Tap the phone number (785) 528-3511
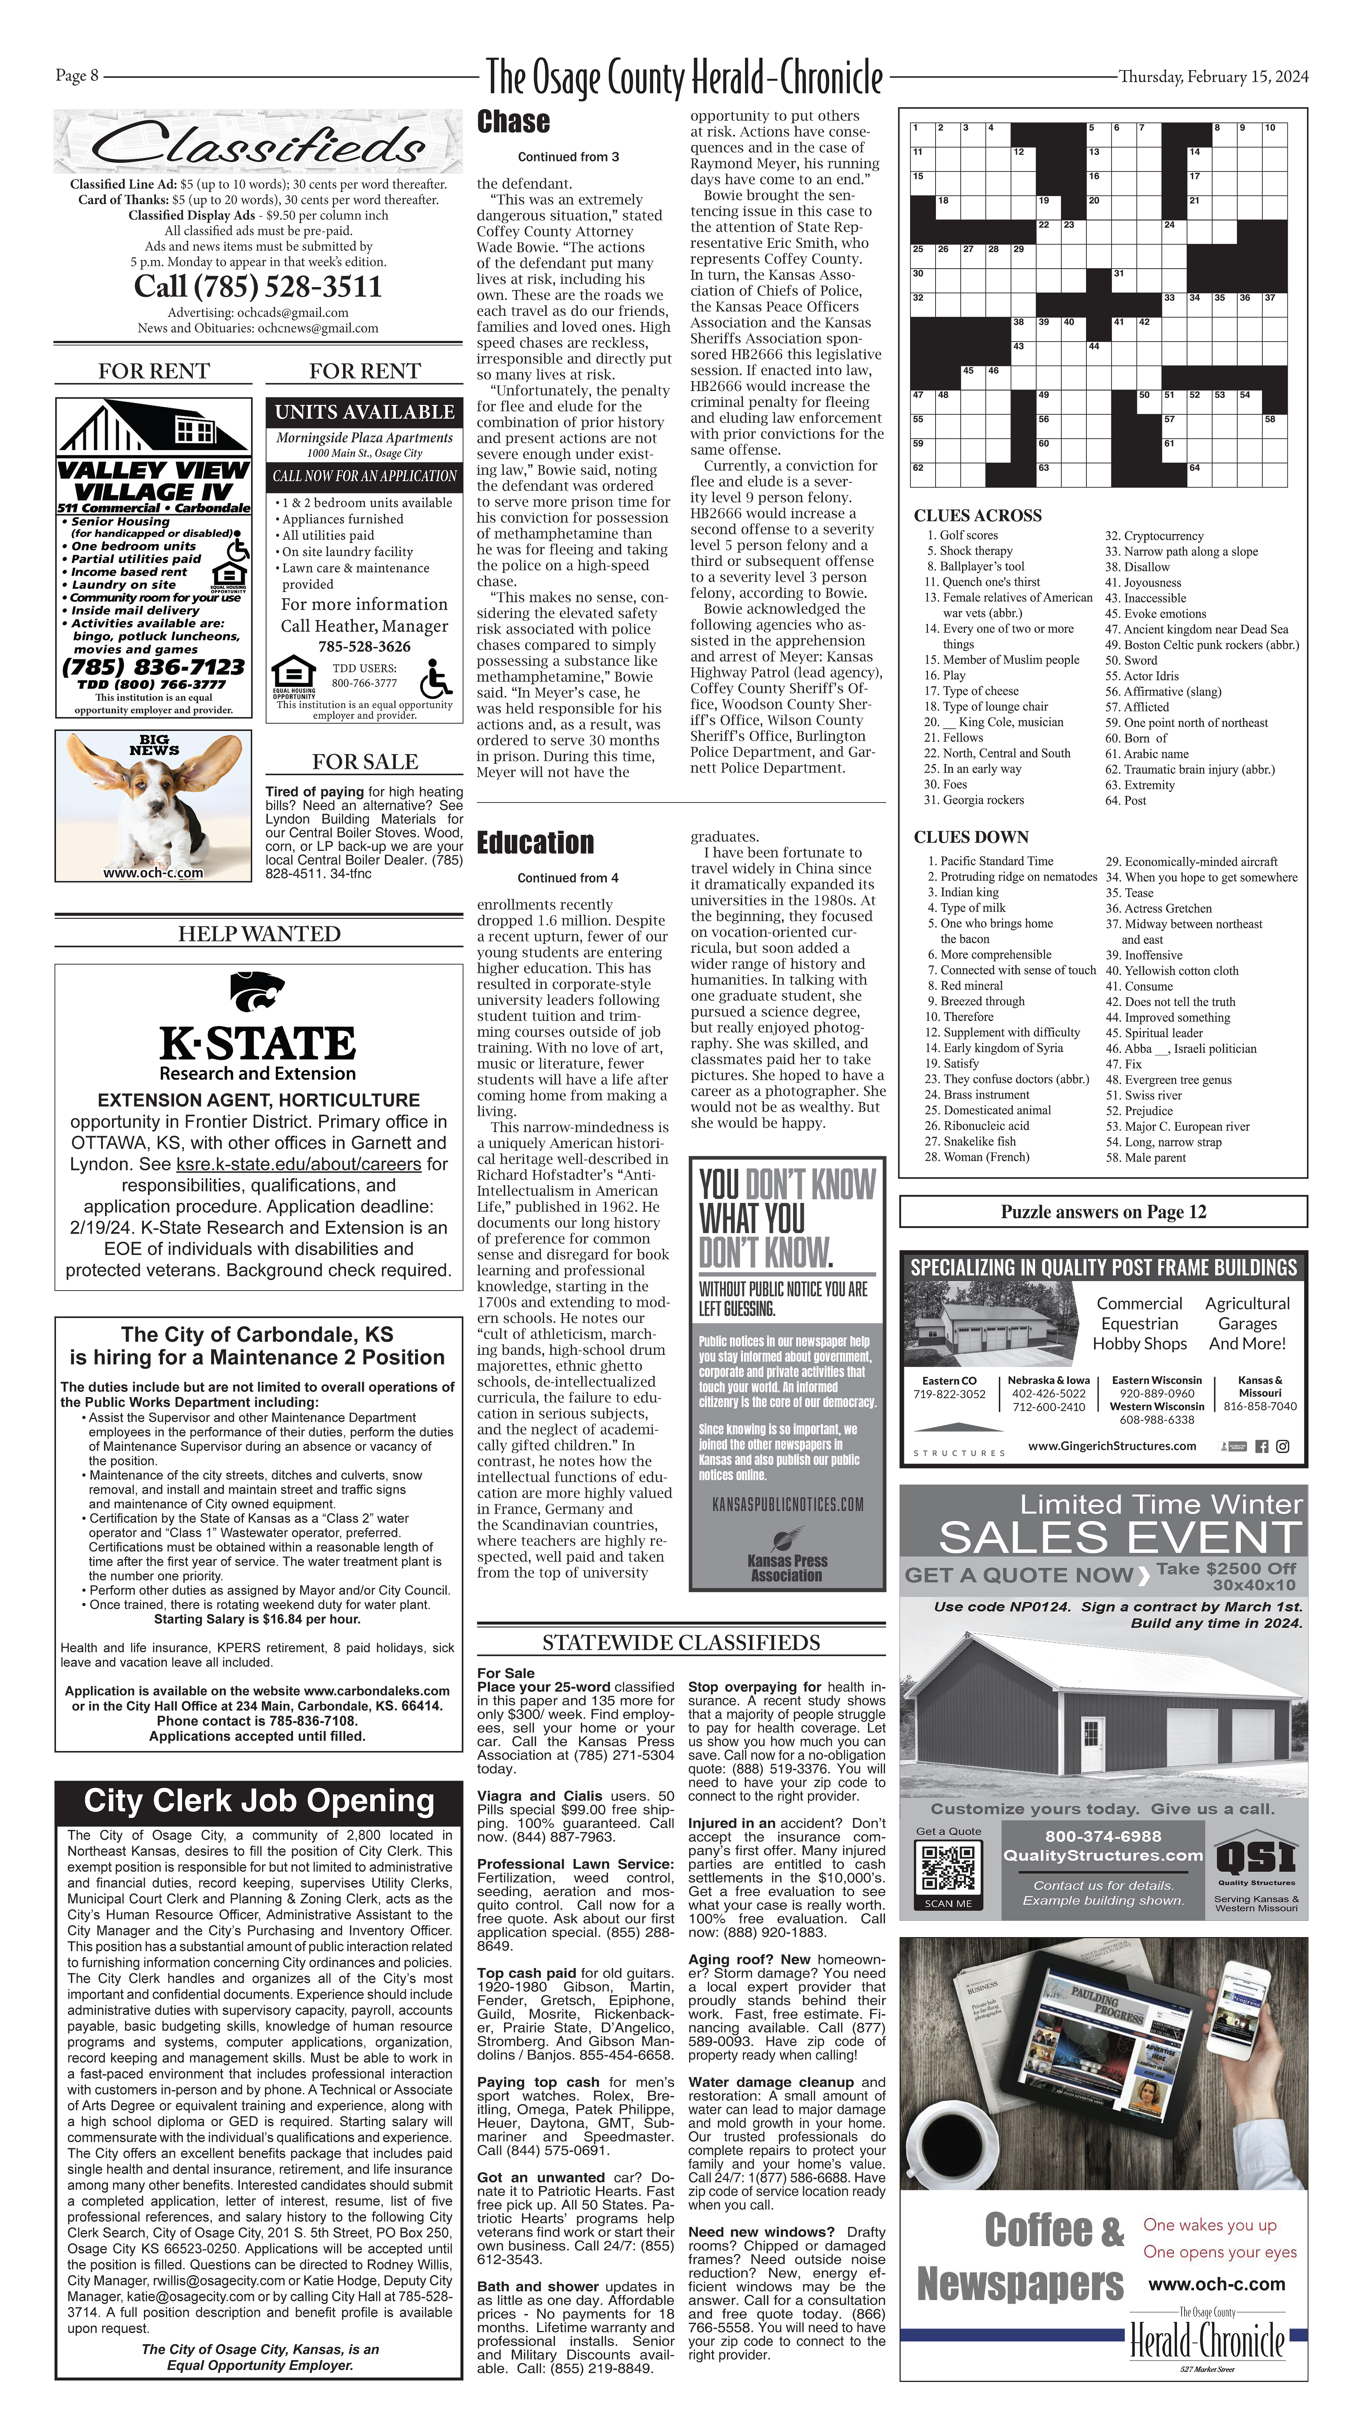click(257, 286)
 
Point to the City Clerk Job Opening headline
click(258, 1801)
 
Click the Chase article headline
click(513, 122)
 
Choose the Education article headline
click(535, 842)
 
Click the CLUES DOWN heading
click(971, 837)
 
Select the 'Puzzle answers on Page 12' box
click(1103, 1212)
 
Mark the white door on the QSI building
click(1092, 1743)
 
